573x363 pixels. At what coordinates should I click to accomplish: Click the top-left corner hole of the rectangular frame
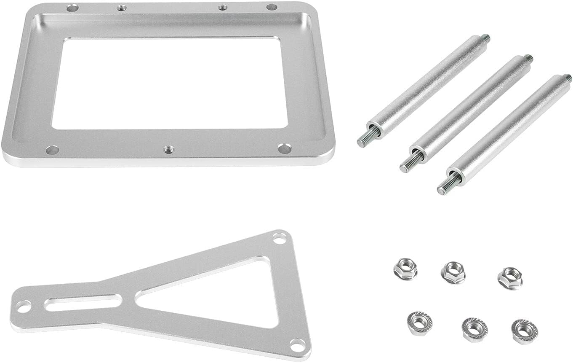point(72,7)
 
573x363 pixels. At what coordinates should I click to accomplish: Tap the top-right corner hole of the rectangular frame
point(272,7)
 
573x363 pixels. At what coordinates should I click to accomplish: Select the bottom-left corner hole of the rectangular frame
point(52,149)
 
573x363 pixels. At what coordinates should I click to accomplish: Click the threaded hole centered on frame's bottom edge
point(169,149)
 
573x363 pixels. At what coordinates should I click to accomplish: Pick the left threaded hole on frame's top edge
point(122,7)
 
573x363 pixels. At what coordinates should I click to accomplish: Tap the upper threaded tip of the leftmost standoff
point(485,38)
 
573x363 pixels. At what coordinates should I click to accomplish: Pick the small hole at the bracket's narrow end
point(24,307)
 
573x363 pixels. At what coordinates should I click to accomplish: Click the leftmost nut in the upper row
point(405,269)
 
